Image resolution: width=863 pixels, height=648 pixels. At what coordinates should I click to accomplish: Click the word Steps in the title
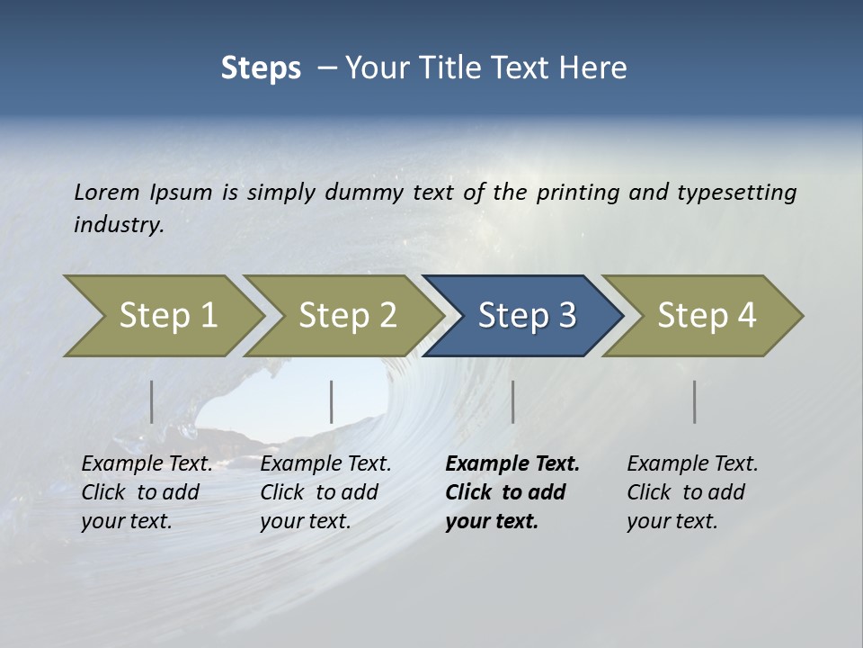tap(261, 68)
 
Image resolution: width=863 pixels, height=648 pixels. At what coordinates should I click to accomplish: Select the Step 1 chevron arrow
tap(167, 316)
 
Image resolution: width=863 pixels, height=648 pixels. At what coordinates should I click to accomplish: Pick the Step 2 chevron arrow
tap(347, 316)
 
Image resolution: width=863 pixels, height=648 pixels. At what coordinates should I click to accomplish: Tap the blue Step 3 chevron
tap(527, 316)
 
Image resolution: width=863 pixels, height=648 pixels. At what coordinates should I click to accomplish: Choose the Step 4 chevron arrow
tap(707, 316)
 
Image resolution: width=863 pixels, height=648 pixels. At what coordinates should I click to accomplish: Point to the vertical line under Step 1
tap(152, 401)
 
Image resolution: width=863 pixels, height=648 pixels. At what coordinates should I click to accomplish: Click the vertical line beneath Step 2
tap(332, 401)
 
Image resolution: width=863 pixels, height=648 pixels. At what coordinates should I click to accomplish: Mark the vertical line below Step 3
tap(513, 401)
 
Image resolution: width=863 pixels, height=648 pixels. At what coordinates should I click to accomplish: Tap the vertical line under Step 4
tap(695, 401)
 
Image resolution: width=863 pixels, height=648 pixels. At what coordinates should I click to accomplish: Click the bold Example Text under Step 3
tap(512, 464)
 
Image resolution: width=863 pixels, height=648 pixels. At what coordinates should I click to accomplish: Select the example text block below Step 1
tap(147, 492)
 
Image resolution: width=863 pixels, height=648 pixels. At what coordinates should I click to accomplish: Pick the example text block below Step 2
tap(325, 492)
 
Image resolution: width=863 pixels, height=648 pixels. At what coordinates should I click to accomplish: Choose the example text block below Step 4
tap(692, 492)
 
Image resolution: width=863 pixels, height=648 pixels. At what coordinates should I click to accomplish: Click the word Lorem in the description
tap(107, 193)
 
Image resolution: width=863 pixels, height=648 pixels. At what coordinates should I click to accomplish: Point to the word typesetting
tap(736, 193)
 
